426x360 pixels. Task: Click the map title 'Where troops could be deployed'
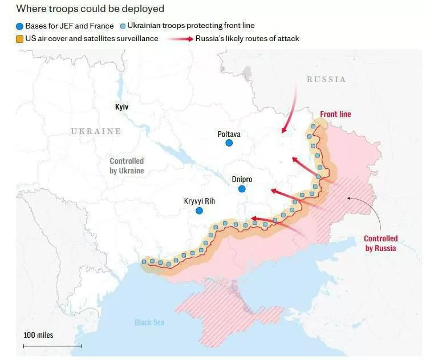pyautogui.click(x=90, y=9)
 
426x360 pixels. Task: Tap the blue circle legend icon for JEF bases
pyautogui.click(x=19, y=26)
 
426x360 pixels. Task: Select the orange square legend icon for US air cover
pyautogui.click(x=19, y=39)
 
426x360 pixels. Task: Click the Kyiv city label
pyautogui.click(x=121, y=107)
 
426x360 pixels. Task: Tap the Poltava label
pyautogui.click(x=229, y=134)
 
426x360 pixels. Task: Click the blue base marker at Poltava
pyautogui.click(x=229, y=144)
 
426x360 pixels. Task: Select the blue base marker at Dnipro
pyautogui.click(x=242, y=189)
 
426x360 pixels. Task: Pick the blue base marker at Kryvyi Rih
pyautogui.click(x=199, y=211)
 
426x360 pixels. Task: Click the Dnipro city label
pyautogui.click(x=242, y=179)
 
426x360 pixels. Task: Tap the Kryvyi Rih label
pyautogui.click(x=199, y=201)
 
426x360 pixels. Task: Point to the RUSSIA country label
pyautogui.click(x=326, y=79)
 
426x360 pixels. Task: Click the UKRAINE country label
pyautogui.click(x=96, y=131)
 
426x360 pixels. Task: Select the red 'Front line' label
pyautogui.click(x=335, y=114)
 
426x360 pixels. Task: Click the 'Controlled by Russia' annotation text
pyautogui.click(x=380, y=243)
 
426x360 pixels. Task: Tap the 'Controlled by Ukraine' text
pyautogui.click(x=127, y=165)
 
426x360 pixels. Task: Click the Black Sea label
pyautogui.click(x=149, y=322)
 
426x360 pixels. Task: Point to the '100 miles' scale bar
pyautogui.click(x=52, y=345)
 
